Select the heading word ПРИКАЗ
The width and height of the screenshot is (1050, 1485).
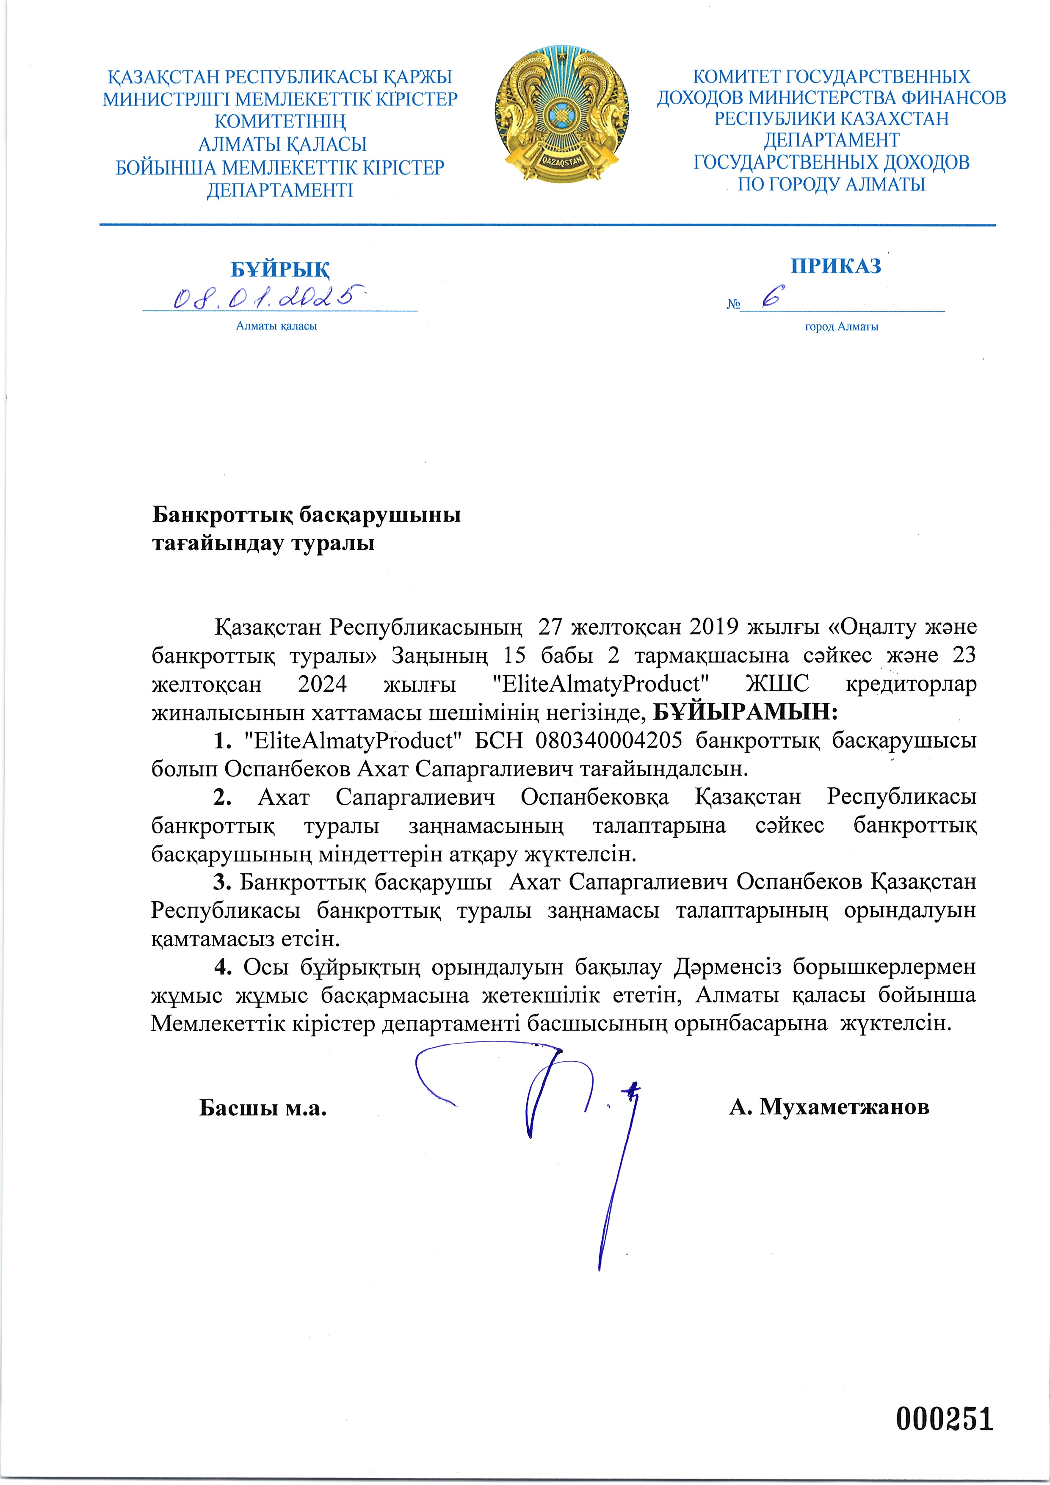[x=835, y=266]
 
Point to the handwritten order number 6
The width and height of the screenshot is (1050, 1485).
[x=771, y=298]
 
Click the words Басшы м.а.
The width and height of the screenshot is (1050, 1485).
[x=262, y=1108]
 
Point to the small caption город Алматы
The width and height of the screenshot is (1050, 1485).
[x=841, y=327]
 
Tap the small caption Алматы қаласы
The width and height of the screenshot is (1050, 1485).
[x=276, y=326]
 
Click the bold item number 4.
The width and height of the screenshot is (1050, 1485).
[x=223, y=967]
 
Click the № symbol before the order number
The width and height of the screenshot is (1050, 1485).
[x=732, y=304]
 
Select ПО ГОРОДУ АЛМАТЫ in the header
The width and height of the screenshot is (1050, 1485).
[x=832, y=184]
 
